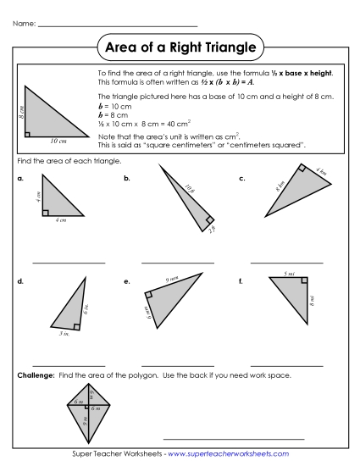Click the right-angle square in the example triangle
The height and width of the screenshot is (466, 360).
[30, 133]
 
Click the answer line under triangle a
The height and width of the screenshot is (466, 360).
[69, 264]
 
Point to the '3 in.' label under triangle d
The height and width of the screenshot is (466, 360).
[64, 335]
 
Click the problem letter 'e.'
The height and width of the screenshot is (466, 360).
[127, 280]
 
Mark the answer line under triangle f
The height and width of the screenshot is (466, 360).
[287, 365]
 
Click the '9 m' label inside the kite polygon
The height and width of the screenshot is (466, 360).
[85, 418]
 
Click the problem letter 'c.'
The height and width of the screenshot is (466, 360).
[242, 179]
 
